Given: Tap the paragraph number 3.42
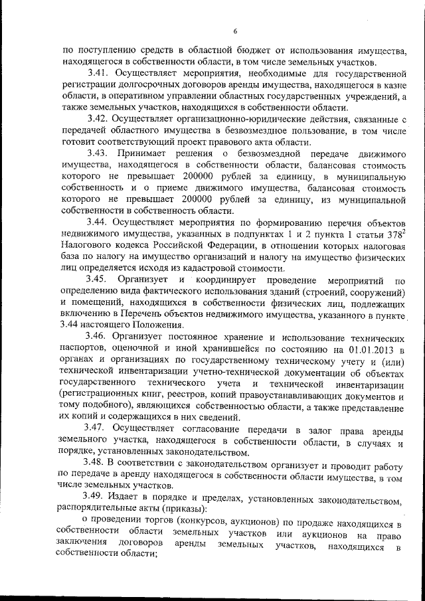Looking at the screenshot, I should click(x=100, y=120).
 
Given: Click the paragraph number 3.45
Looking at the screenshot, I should click(x=100, y=281).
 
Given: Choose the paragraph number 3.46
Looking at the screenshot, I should click(x=100, y=338).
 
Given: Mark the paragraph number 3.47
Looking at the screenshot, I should click(x=100, y=428).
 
